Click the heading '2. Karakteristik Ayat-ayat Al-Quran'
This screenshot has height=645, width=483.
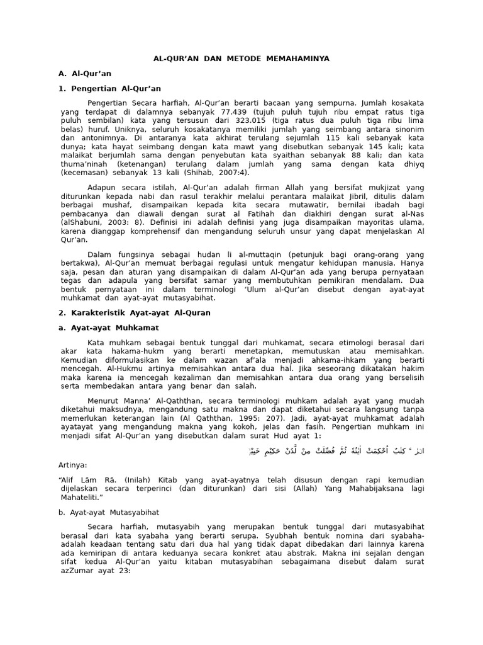pos(134,312)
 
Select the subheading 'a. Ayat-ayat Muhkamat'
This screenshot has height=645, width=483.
pos(108,328)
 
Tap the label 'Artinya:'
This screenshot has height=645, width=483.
pos(72,465)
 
